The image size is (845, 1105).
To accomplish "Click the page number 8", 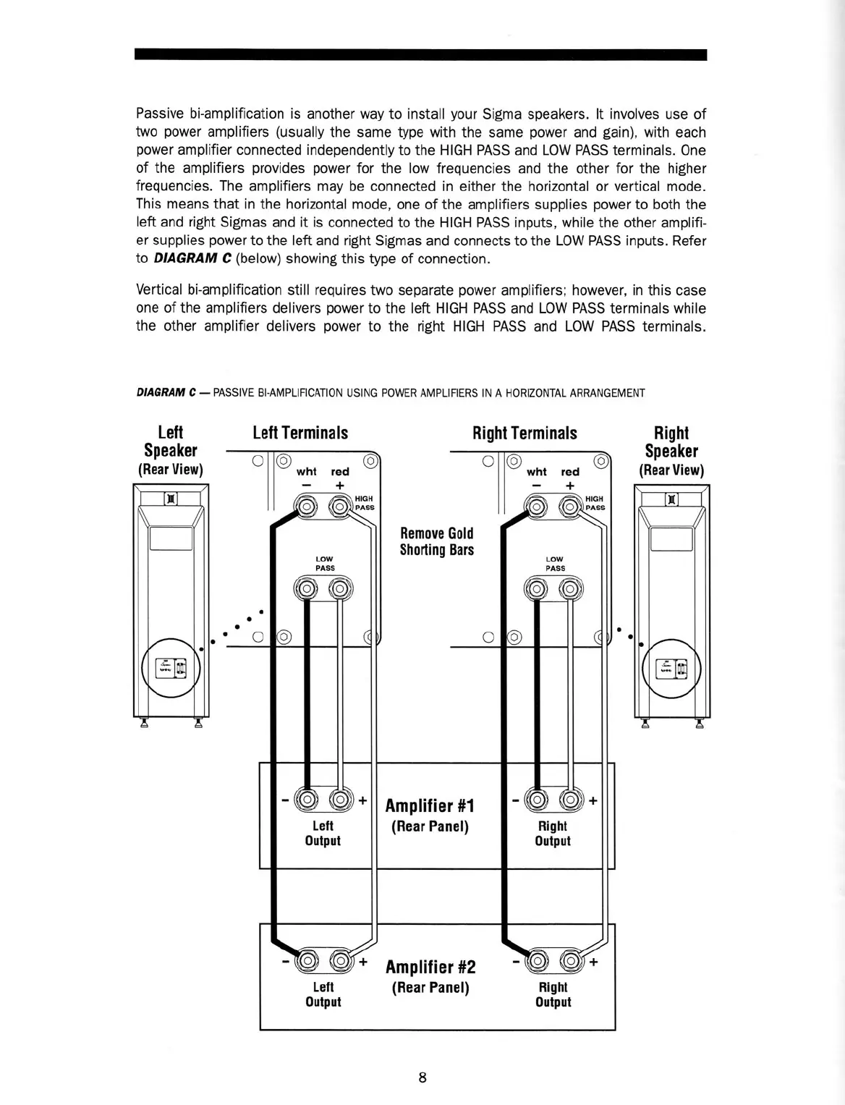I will point(422,1078).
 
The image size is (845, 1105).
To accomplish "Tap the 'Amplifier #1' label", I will point(430,806).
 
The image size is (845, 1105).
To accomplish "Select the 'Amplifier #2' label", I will point(430,968).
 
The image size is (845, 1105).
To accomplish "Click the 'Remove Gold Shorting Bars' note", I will point(437,541).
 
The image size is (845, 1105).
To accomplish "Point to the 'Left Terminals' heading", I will point(300,433).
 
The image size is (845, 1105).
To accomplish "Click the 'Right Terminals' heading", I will point(525,433).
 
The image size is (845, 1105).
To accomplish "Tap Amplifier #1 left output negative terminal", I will point(307,800).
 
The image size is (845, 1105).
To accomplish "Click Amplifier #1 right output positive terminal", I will point(571,800).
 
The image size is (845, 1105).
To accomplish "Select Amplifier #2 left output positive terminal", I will point(340,961).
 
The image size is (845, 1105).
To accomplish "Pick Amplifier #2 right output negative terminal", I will point(537,961).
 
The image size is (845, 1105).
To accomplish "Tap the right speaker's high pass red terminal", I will point(571,505).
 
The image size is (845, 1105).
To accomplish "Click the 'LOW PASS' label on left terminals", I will point(325,563).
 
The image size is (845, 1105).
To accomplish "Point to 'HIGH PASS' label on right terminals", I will point(594,502).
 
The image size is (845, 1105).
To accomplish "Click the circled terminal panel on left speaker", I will point(171,667).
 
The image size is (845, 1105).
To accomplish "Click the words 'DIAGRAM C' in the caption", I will point(166,393).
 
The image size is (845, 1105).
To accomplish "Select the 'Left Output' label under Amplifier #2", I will point(323,994).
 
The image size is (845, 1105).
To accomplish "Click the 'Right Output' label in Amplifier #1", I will point(553,833).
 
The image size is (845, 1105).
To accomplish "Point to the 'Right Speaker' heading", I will point(671,442).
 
